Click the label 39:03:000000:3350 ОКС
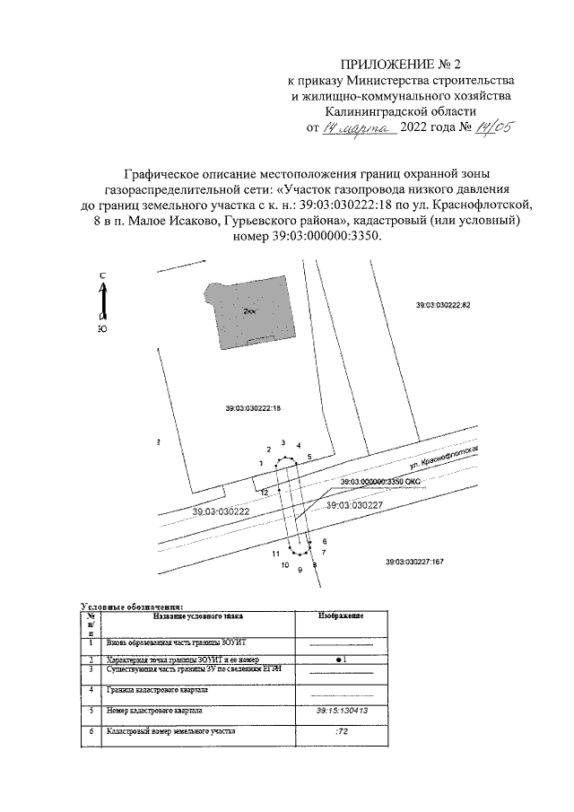click(x=380, y=482)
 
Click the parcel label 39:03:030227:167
click(x=414, y=562)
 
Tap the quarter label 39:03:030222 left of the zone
click(x=220, y=510)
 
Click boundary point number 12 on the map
click(x=265, y=493)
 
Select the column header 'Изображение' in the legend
click(x=341, y=617)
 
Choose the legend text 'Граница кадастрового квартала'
click(x=157, y=691)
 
